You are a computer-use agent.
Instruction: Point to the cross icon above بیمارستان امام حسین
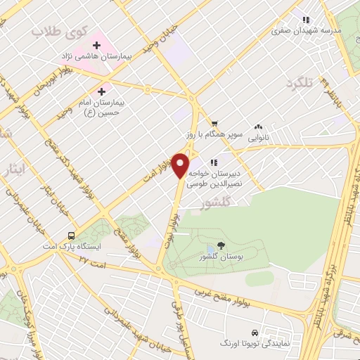103,91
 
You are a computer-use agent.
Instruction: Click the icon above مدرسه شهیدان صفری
305,20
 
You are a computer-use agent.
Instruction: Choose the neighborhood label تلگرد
298,84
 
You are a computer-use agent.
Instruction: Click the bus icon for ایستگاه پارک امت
71,236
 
